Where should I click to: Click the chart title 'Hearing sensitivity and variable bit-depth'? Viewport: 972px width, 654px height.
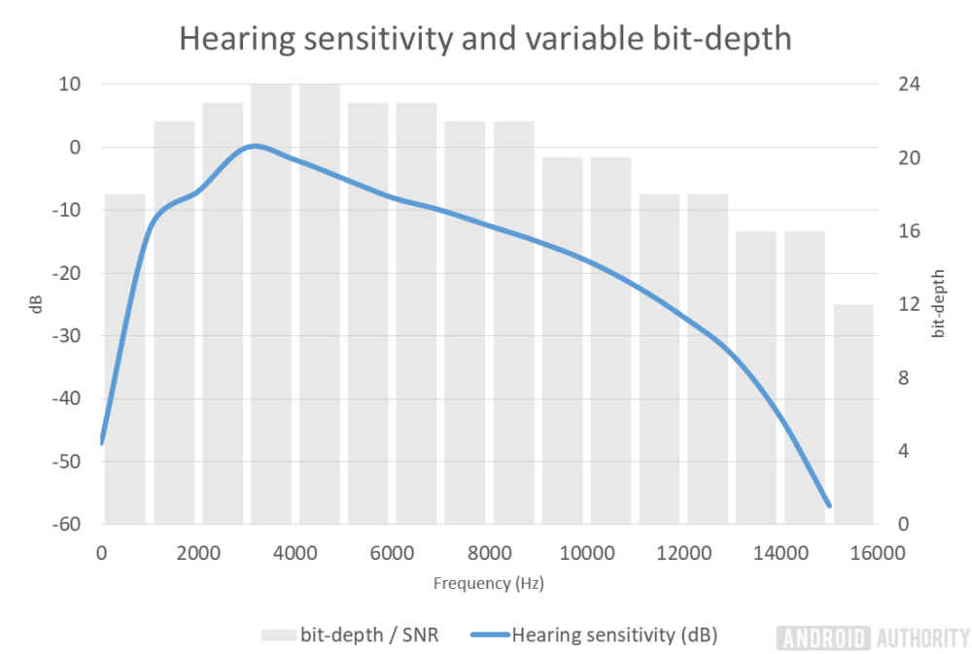point(485,38)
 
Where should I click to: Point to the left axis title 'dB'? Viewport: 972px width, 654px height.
point(36,304)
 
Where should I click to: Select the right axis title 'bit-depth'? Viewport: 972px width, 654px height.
point(938,303)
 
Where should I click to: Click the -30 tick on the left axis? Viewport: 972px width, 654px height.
point(64,336)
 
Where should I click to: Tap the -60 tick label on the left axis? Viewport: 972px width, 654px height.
point(64,525)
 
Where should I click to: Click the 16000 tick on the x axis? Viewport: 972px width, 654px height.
point(877,553)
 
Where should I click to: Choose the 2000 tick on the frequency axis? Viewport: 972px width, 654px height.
point(198,553)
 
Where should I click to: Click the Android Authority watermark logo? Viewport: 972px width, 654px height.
point(872,637)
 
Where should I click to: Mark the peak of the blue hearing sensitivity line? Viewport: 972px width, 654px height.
point(255,146)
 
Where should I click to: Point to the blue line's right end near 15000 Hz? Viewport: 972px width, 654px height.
point(829,505)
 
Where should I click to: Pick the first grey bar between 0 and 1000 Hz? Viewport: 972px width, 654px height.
point(125,360)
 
